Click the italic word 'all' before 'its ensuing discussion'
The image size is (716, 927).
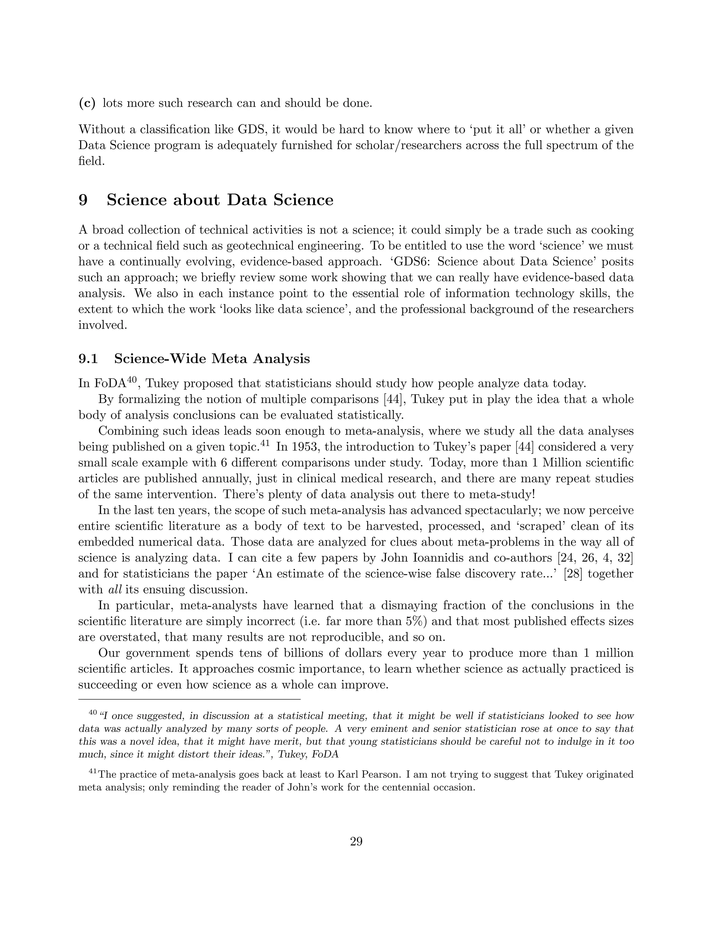tap(113, 590)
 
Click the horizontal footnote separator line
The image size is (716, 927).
tap(189, 699)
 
